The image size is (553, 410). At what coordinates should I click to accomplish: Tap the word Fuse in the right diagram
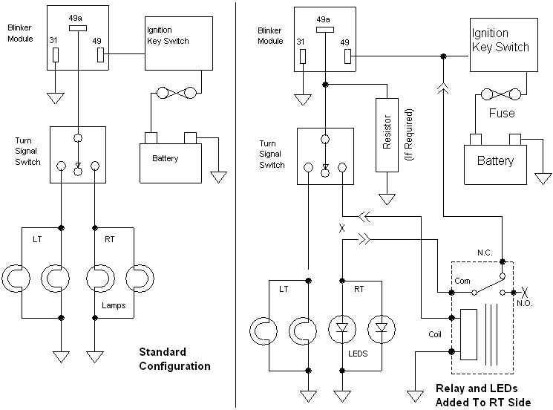502,114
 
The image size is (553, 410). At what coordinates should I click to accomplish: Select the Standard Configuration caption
175,359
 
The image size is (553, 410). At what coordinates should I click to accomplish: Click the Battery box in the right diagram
494,161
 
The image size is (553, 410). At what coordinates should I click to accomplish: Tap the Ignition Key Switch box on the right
501,49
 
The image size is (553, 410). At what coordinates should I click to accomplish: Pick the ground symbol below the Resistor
387,199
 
